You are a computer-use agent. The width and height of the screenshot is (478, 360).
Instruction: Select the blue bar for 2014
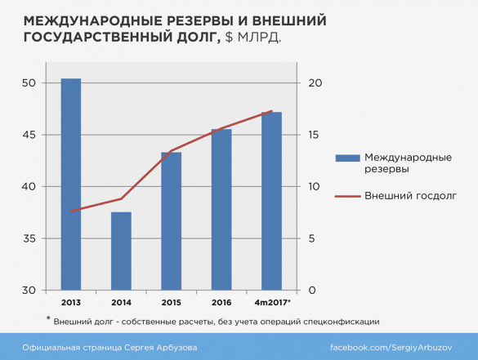coord(121,251)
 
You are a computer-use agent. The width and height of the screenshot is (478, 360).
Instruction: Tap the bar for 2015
coord(171,220)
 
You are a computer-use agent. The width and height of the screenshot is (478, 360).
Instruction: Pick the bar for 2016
coord(221,209)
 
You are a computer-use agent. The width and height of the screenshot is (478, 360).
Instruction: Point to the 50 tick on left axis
coord(30,83)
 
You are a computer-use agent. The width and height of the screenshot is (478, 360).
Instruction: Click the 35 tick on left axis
coord(30,239)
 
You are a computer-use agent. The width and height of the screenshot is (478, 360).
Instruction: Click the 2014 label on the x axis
coord(121,302)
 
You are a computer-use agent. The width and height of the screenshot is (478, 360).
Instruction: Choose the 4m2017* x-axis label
coord(272,302)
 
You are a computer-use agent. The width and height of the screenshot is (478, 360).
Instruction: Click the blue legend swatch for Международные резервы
coord(346,158)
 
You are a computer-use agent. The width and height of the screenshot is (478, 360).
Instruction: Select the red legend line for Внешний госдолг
coord(346,196)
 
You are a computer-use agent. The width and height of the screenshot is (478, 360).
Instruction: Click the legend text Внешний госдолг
coord(410,196)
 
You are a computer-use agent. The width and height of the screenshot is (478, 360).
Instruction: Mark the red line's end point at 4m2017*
coord(271,111)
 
